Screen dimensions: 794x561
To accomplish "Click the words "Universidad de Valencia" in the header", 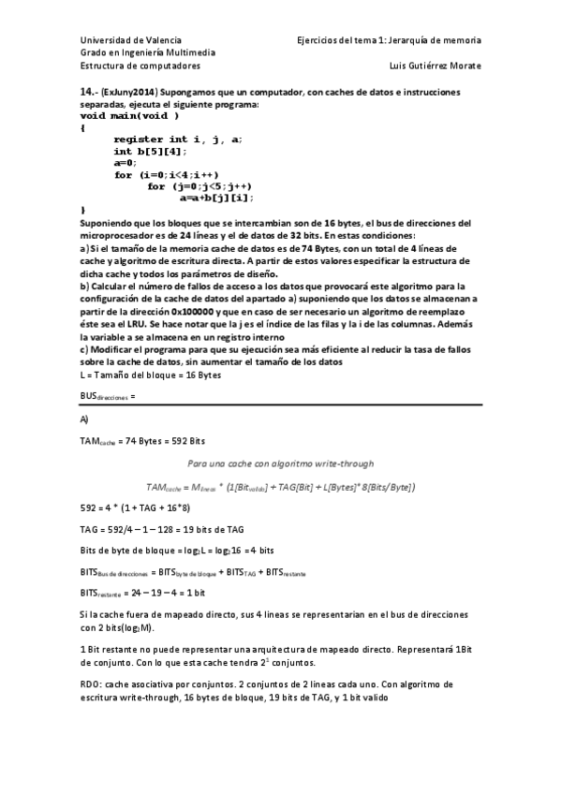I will coord(125,41).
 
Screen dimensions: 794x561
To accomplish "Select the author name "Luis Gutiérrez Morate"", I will coord(435,66).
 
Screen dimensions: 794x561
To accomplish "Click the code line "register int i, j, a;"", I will coord(178,139).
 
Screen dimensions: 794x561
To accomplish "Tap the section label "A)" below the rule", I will coord(85,419).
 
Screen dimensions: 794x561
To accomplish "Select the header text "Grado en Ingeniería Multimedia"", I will coord(148,53).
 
